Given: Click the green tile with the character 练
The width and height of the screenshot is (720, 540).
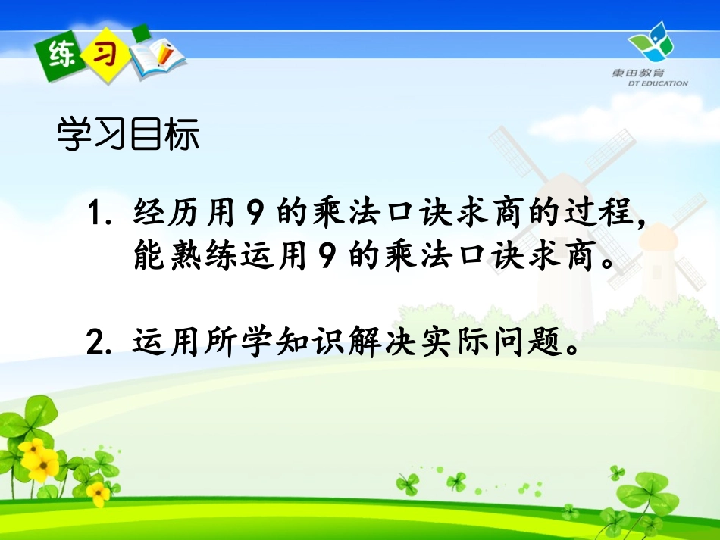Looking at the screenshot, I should pos(60,54).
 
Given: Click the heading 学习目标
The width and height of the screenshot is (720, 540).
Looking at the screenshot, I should pos(128,136).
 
